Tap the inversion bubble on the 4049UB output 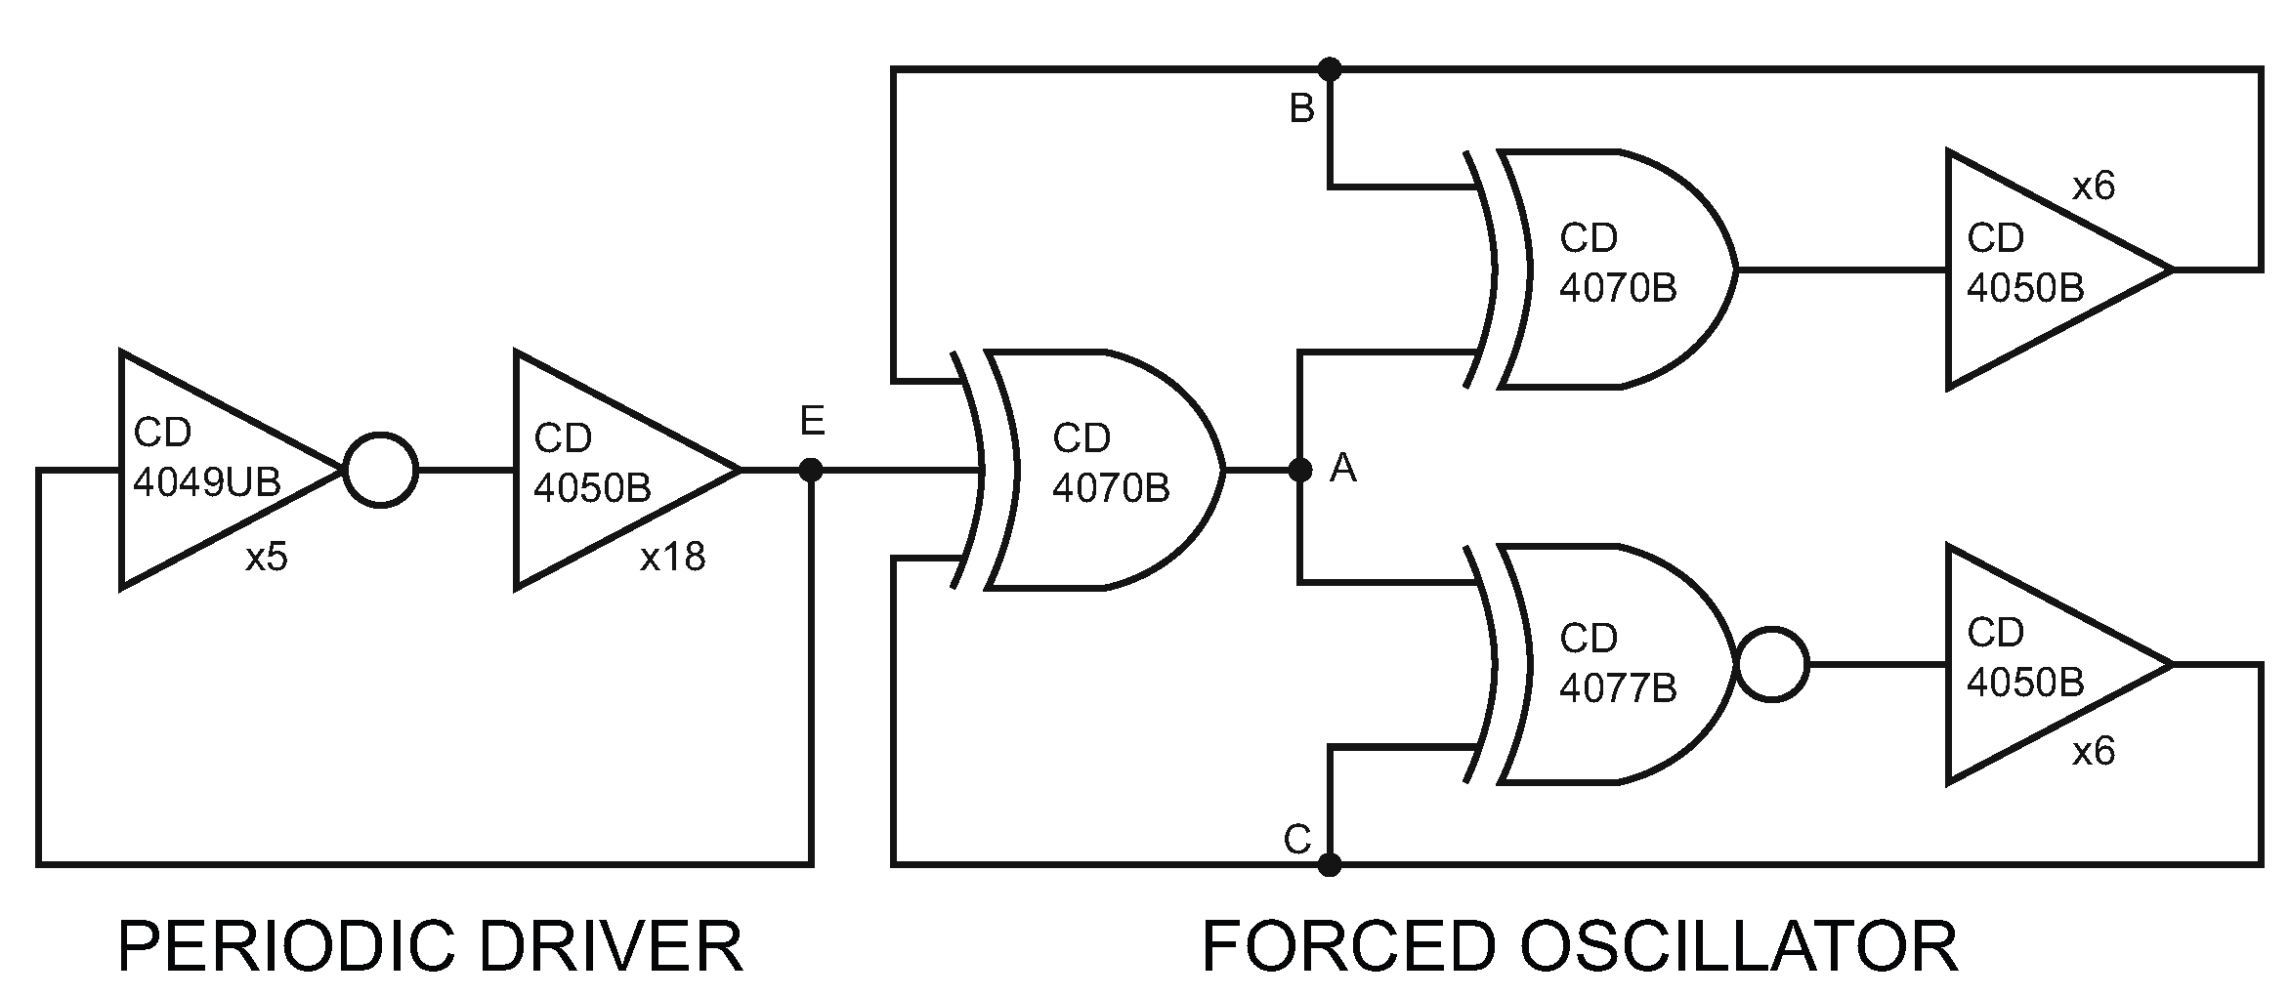pyautogui.click(x=381, y=470)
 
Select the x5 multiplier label pyautogui.click(x=267, y=558)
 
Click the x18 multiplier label pyautogui.click(x=672, y=557)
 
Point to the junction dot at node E pyautogui.click(x=811, y=471)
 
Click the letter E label pyautogui.click(x=813, y=422)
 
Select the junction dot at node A pyautogui.click(x=1299, y=471)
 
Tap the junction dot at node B pyautogui.click(x=1329, y=69)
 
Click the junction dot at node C pyautogui.click(x=1329, y=864)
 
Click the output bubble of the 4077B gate pyautogui.click(x=1771, y=665)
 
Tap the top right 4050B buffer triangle pyautogui.click(x=2032, y=269)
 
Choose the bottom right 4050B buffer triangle pyautogui.click(x=2032, y=664)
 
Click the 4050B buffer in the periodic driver pyautogui.click(x=606, y=470)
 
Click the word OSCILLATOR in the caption pyautogui.click(x=1739, y=945)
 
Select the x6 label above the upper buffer pyautogui.click(x=2094, y=186)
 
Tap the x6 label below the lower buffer pyautogui.click(x=2094, y=751)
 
